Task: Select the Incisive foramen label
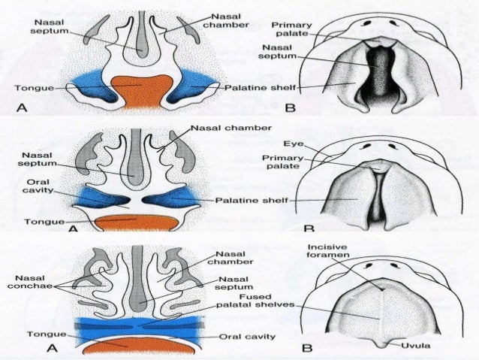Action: [x=328, y=253]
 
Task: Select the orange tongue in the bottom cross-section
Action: [x=136, y=345]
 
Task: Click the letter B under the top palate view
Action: [x=291, y=108]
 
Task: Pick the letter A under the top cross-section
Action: [x=22, y=108]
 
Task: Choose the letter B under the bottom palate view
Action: [x=306, y=348]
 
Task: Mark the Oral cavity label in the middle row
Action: [x=38, y=186]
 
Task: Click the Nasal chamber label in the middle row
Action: [x=230, y=128]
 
